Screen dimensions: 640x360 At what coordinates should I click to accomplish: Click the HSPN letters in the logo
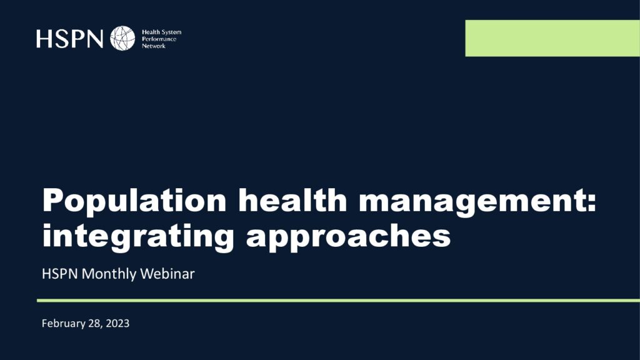[70, 38]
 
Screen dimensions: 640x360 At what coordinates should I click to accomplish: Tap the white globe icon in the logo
[122, 38]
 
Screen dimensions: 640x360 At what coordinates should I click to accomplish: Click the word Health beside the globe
[151, 32]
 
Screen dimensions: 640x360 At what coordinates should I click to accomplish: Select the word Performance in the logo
[159, 39]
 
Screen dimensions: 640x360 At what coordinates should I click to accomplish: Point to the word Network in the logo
[154, 46]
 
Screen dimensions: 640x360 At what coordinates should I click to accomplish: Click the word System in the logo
[171, 32]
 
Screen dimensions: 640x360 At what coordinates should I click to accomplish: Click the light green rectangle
[552, 38]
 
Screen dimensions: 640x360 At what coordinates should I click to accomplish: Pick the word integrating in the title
[138, 236]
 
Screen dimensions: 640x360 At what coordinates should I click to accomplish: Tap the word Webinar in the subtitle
[167, 274]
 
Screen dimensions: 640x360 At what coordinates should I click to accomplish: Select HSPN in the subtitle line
[59, 274]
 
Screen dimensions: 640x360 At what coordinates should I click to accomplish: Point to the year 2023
[117, 324]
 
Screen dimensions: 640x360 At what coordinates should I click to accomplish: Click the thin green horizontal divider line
[338, 301]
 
